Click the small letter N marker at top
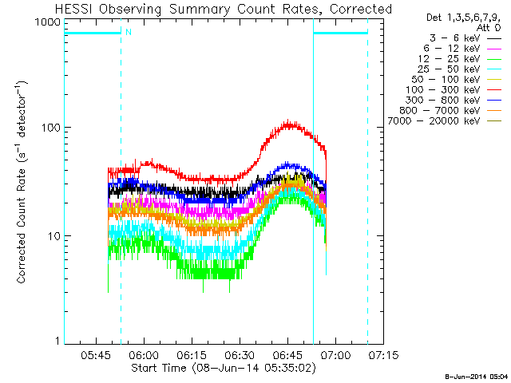[x=128, y=33]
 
